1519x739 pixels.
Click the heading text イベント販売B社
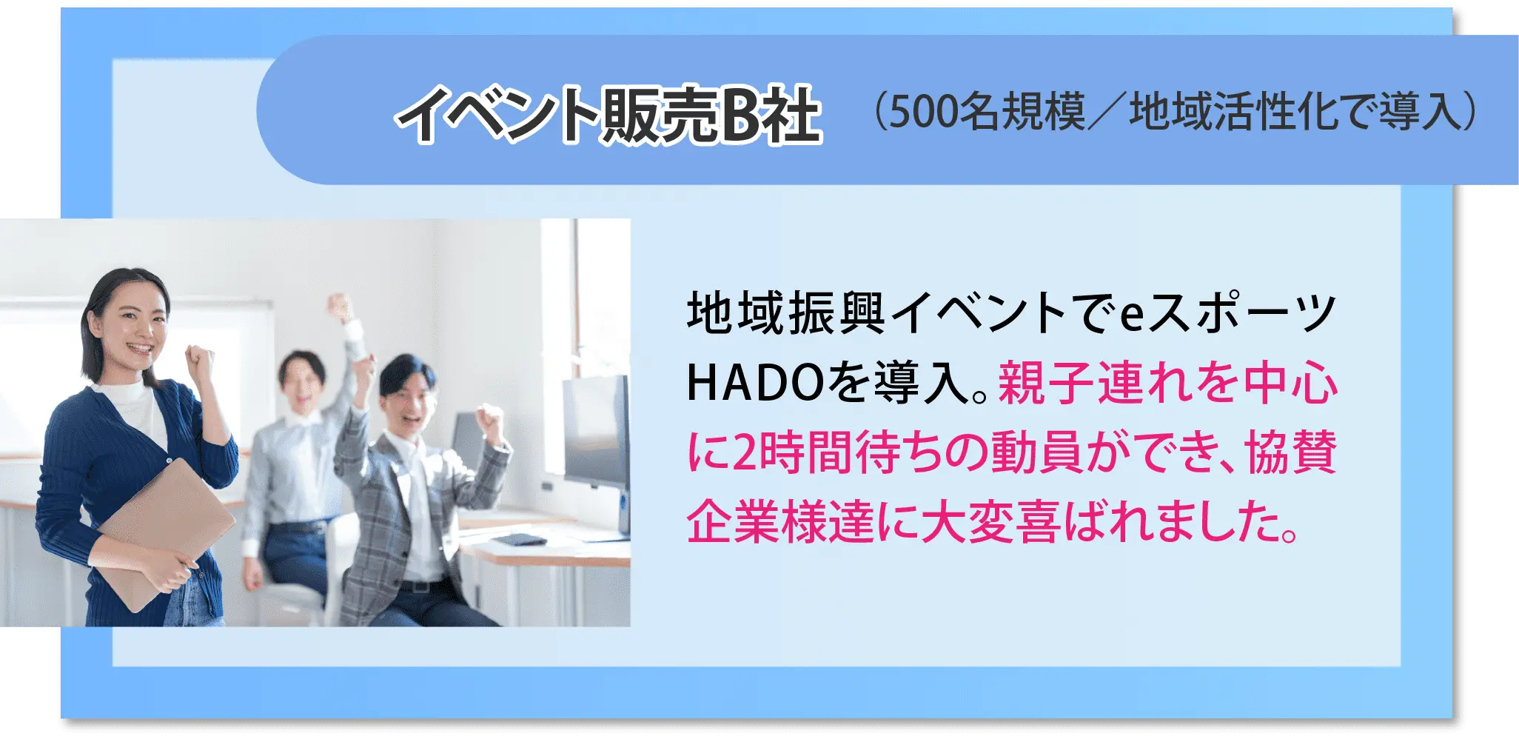(609, 114)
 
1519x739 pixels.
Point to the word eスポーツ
(1227, 312)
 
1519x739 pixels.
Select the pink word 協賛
(1291, 452)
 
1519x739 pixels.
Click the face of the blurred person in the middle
(302, 385)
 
